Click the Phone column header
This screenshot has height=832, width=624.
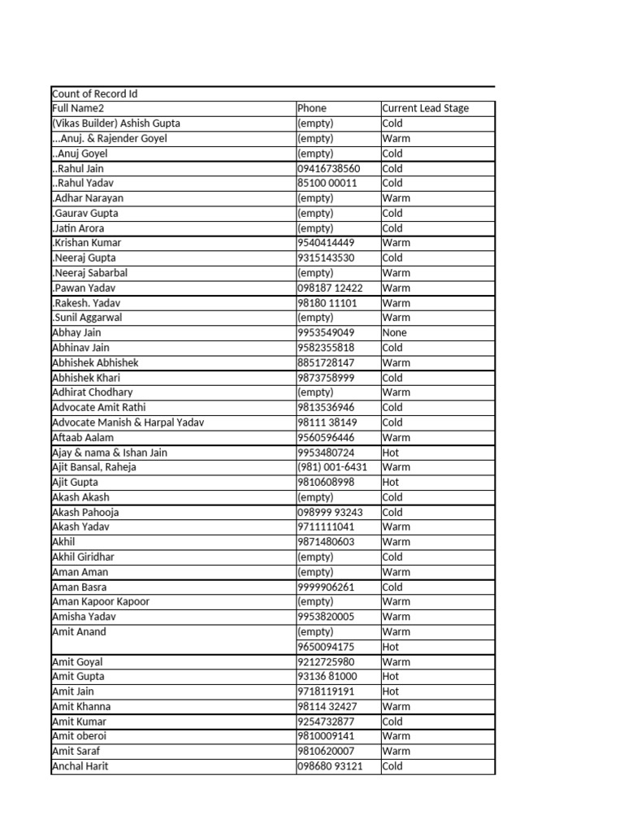(x=312, y=108)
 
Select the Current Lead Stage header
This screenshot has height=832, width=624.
(x=426, y=108)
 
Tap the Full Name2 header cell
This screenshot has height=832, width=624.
(x=78, y=108)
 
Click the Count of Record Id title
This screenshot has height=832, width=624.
(x=94, y=93)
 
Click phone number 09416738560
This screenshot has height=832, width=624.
(x=328, y=168)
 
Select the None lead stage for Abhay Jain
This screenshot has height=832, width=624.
(x=395, y=332)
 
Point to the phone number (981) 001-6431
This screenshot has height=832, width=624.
(x=332, y=467)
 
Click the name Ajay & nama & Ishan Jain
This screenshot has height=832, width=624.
(x=110, y=453)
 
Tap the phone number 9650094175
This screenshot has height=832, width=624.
(x=326, y=647)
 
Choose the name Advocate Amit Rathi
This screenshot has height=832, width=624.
(x=99, y=407)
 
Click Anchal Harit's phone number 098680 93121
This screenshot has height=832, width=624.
(x=330, y=766)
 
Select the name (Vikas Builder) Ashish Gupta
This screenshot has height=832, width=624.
(x=115, y=123)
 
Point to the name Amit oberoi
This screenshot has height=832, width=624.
(x=79, y=736)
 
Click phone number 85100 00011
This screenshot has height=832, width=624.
(x=327, y=183)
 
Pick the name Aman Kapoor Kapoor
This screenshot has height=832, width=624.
(x=101, y=602)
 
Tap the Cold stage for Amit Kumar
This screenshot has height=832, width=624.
(x=392, y=721)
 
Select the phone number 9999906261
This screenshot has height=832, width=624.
(x=326, y=587)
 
